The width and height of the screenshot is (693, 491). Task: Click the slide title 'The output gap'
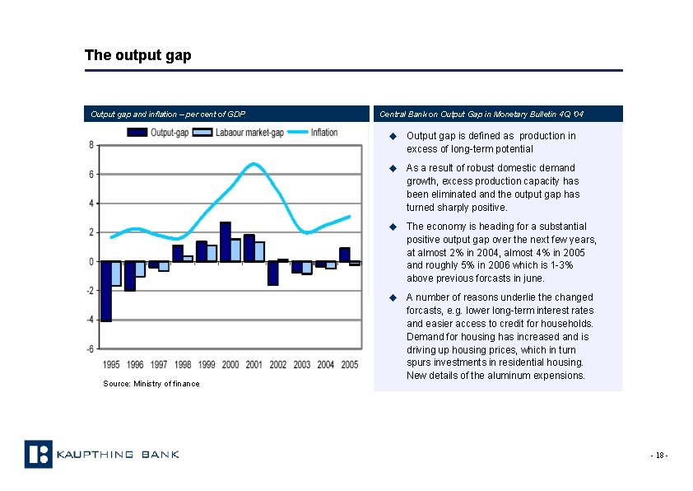(137, 55)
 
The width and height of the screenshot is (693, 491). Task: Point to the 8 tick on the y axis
(91, 145)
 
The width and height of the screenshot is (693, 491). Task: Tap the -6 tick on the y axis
(90, 348)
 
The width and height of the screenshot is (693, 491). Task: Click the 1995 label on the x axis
(111, 364)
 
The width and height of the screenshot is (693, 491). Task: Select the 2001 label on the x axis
(254, 364)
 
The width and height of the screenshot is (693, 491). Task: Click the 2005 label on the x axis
(349, 364)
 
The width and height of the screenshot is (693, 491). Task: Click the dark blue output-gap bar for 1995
(106, 291)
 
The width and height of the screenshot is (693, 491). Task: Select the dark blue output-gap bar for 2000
(225, 241)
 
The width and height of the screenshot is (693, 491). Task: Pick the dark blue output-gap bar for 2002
(272, 273)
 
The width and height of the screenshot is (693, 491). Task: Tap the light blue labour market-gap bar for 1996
(140, 269)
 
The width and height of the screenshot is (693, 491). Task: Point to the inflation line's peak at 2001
(254, 164)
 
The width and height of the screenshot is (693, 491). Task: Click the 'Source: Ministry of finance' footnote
(151, 384)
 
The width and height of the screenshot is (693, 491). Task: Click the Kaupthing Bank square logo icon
(38, 454)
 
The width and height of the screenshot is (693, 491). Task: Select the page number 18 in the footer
(658, 455)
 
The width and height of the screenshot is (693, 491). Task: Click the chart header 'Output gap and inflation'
(168, 114)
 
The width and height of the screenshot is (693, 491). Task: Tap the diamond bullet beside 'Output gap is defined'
(393, 136)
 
